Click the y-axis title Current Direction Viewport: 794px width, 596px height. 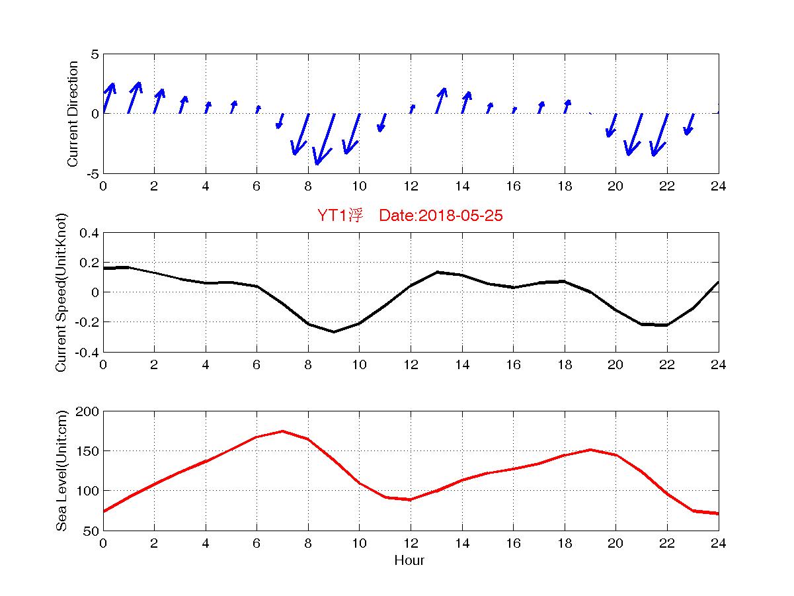[x=73, y=114]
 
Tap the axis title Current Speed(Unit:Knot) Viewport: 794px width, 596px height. [x=61, y=292]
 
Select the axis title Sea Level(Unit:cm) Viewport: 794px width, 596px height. [x=61, y=471]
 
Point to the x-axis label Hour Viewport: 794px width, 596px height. [x=409, y=561]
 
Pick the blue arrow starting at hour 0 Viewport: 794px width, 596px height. [x=109, y=98]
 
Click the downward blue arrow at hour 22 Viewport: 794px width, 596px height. [x=660, y=135]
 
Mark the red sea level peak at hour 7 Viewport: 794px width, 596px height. [x=282, y=431]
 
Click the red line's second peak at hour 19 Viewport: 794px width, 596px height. [x=590, y=450]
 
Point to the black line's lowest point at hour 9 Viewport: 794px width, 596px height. [x=334, y=332]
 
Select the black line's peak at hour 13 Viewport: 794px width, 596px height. [x=436, y=272]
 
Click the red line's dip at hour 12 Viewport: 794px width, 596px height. [x=411, y=499]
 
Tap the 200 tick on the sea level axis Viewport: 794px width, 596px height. [x=89, y=411]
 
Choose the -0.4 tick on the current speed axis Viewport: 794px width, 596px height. [x=86, y=352]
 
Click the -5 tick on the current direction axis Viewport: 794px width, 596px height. [x=93, y=173]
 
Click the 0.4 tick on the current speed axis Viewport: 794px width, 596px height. [x=89, y=233]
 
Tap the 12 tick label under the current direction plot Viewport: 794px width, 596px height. [x=411, y=187]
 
